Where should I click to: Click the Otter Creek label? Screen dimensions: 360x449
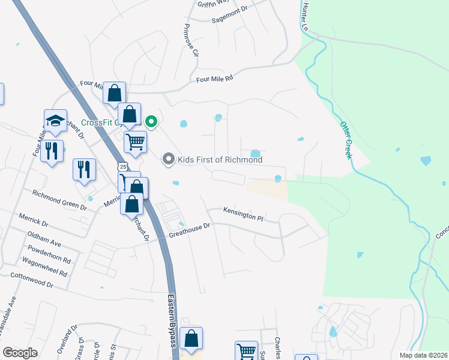coord(345,140)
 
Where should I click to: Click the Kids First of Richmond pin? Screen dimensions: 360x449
coord(169,160)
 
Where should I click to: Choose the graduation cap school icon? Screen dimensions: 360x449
coord(55,121)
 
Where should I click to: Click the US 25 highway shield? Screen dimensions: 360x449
coord(123,166)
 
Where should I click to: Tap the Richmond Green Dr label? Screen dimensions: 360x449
coord(59,200)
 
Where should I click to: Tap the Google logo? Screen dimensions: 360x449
coord(20,353)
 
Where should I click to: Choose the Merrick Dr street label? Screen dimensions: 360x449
coord(34,218)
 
